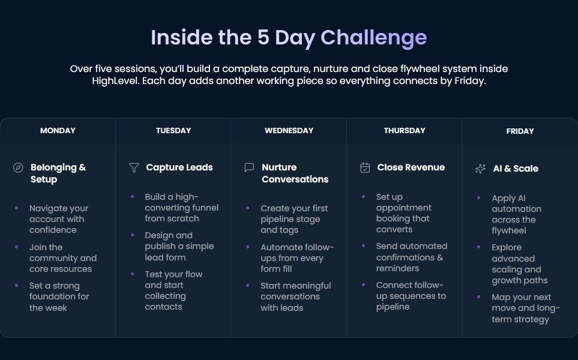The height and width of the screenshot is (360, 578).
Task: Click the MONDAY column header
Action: [58, 131]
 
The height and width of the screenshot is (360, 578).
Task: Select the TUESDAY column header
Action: [173, 131]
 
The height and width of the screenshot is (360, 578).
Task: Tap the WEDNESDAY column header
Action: [289, 131]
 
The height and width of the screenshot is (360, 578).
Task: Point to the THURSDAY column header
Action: [405, 131]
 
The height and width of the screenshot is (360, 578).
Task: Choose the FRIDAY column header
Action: [520, 131]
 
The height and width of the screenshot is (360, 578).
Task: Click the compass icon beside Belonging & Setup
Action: [18, 168]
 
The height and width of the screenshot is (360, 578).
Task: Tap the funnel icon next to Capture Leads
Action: [134, 168]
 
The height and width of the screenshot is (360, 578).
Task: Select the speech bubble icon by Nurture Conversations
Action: [249, 168]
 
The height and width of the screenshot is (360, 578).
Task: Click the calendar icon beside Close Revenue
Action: [365, 168]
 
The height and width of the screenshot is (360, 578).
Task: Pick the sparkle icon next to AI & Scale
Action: [480, 169]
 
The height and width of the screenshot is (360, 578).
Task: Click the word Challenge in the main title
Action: [373, 37]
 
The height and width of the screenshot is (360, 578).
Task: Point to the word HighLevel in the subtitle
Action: [117, 81]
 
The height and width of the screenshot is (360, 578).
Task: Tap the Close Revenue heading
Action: [411, 167]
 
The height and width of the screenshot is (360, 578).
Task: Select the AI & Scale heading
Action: [516, 169]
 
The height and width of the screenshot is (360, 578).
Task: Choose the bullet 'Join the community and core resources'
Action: [62, 258]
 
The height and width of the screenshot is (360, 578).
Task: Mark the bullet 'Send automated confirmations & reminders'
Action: [411, 257]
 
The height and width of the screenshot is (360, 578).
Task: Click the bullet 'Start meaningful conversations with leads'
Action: [295, 296]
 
